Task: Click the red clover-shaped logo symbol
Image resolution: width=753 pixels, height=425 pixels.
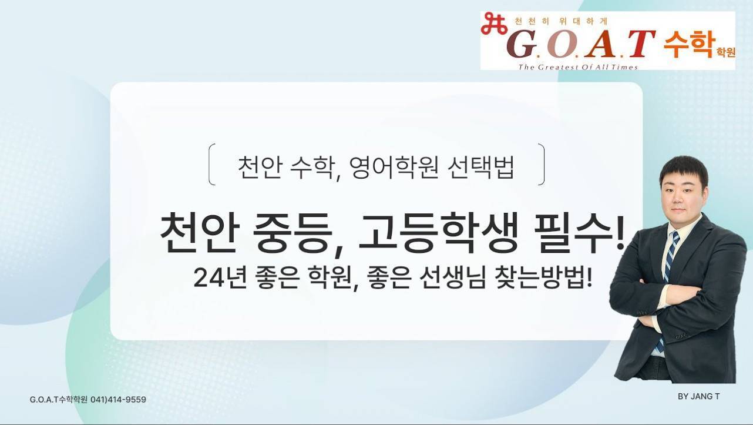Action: click(x=494, y=24)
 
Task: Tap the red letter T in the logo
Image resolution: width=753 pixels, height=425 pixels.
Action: click(x=641, y=43)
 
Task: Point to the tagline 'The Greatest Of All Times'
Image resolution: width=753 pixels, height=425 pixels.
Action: click(x=578, y=67)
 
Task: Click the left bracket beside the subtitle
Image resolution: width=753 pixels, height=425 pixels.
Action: click(x=211, y=164)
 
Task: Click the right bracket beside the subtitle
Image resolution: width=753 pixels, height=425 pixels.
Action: click(x=541, y=164)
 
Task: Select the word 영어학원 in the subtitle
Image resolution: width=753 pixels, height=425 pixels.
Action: click(x=394, y=168)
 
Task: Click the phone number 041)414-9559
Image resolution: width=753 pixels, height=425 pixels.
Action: click(x=118, y=399)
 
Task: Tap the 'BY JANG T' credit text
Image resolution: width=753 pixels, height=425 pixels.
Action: click(x=698, y=397)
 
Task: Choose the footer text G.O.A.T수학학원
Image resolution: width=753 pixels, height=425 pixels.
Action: click(x=59, y=399)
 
